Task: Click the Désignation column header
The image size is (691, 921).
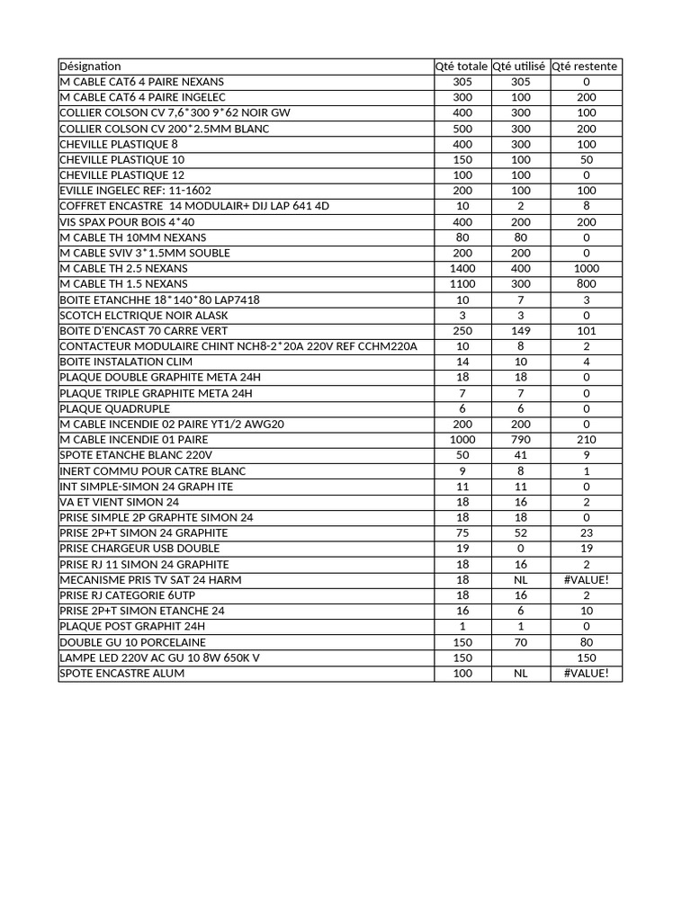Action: tap(90, 67)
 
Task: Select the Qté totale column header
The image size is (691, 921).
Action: tap(462, 67)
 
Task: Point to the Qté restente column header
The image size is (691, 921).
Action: tap(585, 67)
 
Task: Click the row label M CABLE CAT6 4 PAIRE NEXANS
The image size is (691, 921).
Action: tap(142, 82)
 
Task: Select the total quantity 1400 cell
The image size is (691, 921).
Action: tap(462, 268)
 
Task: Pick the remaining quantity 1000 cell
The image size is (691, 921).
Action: tap(585, 268)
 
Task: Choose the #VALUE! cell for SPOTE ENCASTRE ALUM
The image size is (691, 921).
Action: tap(585, 673)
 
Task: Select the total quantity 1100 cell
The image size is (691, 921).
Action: tap(462, 284)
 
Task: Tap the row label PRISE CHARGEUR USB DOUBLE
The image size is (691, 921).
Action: tap(139, 549)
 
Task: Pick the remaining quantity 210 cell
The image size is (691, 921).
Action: tap(585, 440)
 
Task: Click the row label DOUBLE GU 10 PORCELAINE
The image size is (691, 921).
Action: tap(132, 642)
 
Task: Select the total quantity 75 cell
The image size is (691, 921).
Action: tap(462, 533)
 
